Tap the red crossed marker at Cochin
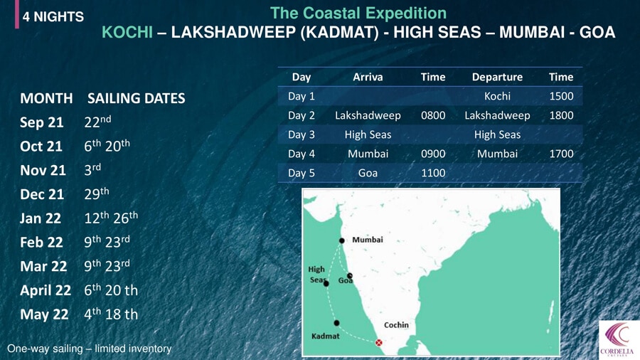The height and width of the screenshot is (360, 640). (379, 342)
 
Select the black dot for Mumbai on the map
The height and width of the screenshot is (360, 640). (341, 240)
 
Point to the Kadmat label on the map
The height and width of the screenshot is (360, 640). (325, 336)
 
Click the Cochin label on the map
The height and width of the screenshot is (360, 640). (396, 325)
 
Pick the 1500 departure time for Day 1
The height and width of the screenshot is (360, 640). (561, 96)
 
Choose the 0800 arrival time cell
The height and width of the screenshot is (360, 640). (433, 115)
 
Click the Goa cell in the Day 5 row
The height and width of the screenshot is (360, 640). (368, 173)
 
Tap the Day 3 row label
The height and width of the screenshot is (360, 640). (302, 134)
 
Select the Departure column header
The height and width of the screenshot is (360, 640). (497, 77)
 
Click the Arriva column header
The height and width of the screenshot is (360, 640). (368, 77)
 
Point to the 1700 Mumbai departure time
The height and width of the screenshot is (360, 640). (561, 154)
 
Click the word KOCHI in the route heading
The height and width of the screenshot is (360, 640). (127, 32)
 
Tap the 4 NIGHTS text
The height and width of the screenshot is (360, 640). (53, 17)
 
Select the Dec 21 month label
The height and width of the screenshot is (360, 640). (42, 194)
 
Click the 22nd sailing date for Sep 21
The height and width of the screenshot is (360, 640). (97, 122)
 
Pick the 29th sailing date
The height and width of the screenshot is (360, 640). (97, 194)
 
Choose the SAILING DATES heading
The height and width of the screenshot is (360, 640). (137, 98)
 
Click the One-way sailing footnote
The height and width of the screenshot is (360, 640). (90, 349)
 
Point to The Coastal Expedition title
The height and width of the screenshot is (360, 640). (358, 13)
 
